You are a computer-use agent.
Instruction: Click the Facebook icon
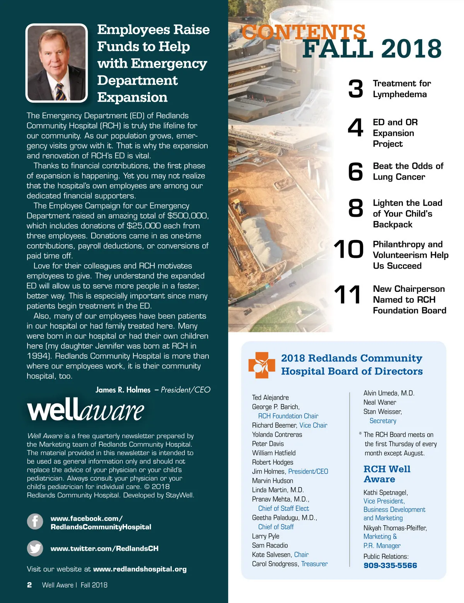pos(35,521)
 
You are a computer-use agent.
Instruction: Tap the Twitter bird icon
pos(35,548)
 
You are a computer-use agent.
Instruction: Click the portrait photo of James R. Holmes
pos(56,63)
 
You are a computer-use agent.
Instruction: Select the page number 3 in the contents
pos(356,89)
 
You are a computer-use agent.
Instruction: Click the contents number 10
pos(348,249)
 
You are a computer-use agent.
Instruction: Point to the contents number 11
pos(348,295)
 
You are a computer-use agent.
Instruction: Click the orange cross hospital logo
pos(261,365)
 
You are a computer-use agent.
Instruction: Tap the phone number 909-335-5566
pos(390,565)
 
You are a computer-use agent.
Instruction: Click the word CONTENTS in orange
pos(304,32)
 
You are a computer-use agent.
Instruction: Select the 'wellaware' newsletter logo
pos(85,410)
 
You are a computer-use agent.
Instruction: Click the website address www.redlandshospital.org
pos(140,569)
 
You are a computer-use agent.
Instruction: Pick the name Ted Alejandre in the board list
pos(270,397)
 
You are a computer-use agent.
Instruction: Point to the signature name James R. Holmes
pos(123,390)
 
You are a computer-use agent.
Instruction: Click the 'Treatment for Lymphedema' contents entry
pos(401,89)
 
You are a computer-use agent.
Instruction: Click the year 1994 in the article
pos(37,356)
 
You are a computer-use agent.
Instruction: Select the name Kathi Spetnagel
pos(386,492)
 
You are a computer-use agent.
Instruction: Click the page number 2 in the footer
pos(29,585)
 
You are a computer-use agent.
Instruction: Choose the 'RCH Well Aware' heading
pos(387,474)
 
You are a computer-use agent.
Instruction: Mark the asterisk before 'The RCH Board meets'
pos(360,434)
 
